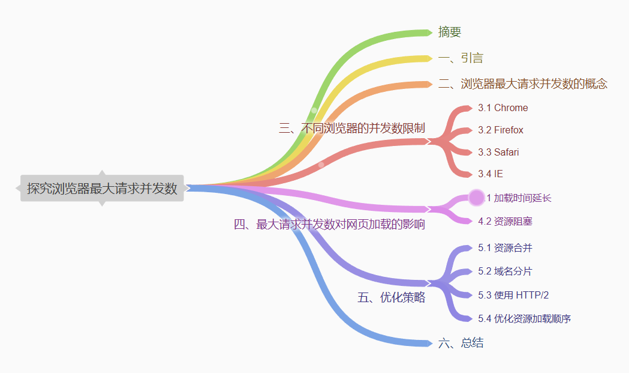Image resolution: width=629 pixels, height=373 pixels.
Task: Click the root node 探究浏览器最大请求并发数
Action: pyautogui.click(x=102, y=188)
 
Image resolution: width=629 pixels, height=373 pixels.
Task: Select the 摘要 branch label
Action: pyautogui.click(x=450, y=32)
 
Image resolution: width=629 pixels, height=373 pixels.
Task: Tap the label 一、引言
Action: pyautogui.click(x=461, y=58)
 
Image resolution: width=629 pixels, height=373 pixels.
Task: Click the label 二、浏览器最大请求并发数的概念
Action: pyautogui.click(x=522, y=84)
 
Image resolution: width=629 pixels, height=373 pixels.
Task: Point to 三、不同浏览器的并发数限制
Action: pyautogui.click(x=352, y=128)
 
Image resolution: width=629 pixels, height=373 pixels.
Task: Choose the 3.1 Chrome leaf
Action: pyautogui.click(x=502, y=108)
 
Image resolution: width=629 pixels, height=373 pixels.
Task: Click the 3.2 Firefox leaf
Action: pyautogui.click(x=500, y=130)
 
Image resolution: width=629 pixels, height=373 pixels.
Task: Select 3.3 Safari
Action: pyautogui.click(x=498, y=152)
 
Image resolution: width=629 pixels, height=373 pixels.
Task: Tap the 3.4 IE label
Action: pyautogui.click(x=490, y=174)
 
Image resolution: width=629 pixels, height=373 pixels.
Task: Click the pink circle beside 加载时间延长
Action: pyautogui.click(x=476, y=197)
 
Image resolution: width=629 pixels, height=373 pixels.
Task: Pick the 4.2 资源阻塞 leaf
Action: pyautogui.click(x=505, y=221)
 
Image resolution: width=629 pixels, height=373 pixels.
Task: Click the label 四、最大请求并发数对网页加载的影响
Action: pyautogui.click(x=329, y=225)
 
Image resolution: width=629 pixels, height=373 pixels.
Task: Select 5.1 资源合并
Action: pyautogui.click(x=505, y=247)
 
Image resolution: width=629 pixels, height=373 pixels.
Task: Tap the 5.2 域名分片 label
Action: pyautogui.click(x=505, y=271)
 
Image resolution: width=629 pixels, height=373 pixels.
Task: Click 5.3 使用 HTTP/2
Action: pyautogui.click(x=513, y=295)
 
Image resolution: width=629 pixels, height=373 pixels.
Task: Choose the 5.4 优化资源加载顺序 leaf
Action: pyautogui.click(x=524, y=318)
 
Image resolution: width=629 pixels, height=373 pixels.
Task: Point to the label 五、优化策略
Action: pyautogui.click(x=391, y=297)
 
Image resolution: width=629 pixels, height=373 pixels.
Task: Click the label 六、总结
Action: pyautogui.click(x=461, y=344)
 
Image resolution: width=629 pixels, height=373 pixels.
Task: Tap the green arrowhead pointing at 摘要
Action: pyautogui.click(x=428, y=32)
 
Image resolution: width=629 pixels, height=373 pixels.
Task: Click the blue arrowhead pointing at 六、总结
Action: pyautogui.click(x=428, y=344)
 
